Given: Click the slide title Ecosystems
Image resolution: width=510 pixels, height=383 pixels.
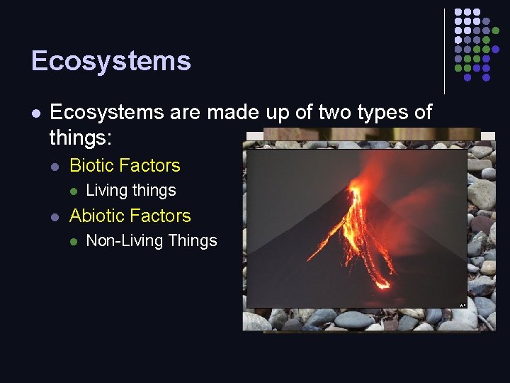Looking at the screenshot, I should click(x=111, y=61).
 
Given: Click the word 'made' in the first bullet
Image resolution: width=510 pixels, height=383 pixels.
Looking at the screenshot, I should click(x=222, y=113).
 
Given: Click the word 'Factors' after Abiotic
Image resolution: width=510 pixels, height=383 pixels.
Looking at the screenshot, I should click(x=164, y=216).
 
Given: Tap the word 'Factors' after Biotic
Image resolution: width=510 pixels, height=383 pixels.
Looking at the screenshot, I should click(x=153, y=165).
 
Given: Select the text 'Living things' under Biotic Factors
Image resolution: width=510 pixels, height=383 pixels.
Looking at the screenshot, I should click(x=130, y=190).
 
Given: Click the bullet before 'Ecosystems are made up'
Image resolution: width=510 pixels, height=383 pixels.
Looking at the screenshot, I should click(x=36, y=113).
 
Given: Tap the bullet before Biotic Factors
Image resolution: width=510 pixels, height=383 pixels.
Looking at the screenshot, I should click(x=55, y=166).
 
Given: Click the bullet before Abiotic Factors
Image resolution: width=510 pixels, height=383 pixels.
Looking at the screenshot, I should click(x=55, y=216).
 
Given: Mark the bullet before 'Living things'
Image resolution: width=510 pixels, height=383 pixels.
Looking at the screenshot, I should click(x=72, y=191).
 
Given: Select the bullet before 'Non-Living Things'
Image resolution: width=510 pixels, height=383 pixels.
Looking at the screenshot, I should click(x=72, y=242).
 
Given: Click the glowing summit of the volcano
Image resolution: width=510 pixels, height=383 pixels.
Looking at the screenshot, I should click(x=355, y=188).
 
